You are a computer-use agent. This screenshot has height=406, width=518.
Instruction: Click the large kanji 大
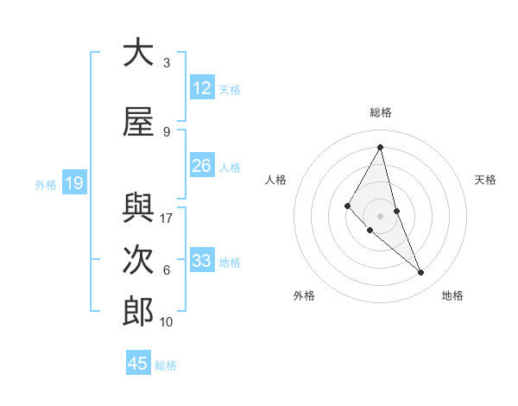pyautogui.click(x=138, y=53)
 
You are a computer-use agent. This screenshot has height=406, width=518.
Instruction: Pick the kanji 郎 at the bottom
pyautogui.click(x=138, y=311)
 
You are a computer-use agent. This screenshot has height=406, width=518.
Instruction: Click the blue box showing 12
pyautogui.click(x=201, y=87)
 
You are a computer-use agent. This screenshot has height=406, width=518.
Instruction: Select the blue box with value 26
pyautogui.click(x=201, y=165)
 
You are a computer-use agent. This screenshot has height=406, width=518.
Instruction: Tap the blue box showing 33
pyautogui.click(x=201, y=260)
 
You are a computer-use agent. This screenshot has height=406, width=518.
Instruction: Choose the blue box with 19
pyautogui.click(x=73, y=182)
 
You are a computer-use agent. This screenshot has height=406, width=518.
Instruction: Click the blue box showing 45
pyautogui.click(x=138, y=363)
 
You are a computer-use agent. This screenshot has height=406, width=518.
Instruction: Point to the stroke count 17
pyautogui.click(x=167, y=219)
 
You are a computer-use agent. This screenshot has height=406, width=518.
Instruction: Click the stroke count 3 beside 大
pyautogui.click(x=167, y=63)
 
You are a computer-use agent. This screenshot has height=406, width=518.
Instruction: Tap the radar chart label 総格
pyautogui.click(x=380, y=112)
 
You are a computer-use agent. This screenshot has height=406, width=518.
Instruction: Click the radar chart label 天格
pyautogui.click(x=485, y=180)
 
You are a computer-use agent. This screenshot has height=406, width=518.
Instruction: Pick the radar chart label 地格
pyautogui.click(x=452, y=295)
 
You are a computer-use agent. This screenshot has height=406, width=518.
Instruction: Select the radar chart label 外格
pyautogui.click(x=304, y=295)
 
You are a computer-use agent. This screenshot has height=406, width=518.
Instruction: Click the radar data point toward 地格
pyautogui.click(x=421, y=273)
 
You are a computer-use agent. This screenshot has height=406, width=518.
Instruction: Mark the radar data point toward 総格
pyautogui.click(x=380, y=147)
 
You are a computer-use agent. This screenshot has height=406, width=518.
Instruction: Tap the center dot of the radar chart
pyautogui.click(x=380, y=215)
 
